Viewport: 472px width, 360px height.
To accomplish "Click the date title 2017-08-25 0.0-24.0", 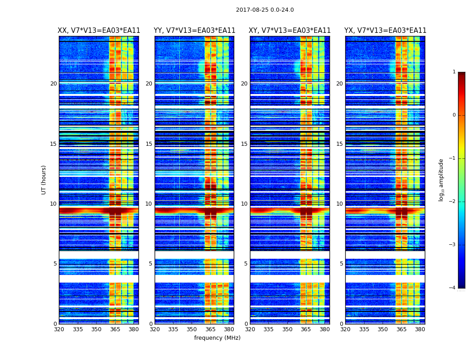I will (x=265, y=10).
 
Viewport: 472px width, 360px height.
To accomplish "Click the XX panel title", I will (x=99, y=31).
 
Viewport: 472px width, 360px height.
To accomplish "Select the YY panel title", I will (x=194, y=31).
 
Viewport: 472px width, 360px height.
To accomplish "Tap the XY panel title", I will (x=290, y=31).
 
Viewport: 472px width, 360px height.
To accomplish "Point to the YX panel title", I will (x=385, y=31).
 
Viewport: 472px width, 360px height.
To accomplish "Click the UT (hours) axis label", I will (x=44, y=180).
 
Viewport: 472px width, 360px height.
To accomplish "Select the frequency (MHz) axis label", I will (x=217, y=338).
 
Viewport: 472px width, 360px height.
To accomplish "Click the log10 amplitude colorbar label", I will (x=441, y=180).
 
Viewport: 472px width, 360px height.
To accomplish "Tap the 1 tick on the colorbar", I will (x=454, y=72).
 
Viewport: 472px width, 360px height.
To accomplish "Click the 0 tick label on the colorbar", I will (x=454, y=115).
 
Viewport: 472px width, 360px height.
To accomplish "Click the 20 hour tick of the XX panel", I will (x=53, y=84).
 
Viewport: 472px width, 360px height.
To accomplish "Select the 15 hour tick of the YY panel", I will (x=149, y=144).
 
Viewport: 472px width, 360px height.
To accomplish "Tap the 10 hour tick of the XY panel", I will (x=244, y=204).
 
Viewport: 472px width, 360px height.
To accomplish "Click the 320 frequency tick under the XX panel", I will (x=59, y=329).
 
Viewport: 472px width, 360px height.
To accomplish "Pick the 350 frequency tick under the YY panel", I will (x=192, y=329).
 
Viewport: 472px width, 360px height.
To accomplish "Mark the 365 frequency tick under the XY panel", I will (x=306, y=329).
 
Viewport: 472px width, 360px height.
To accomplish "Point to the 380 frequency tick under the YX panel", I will (x=420, y=329).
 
